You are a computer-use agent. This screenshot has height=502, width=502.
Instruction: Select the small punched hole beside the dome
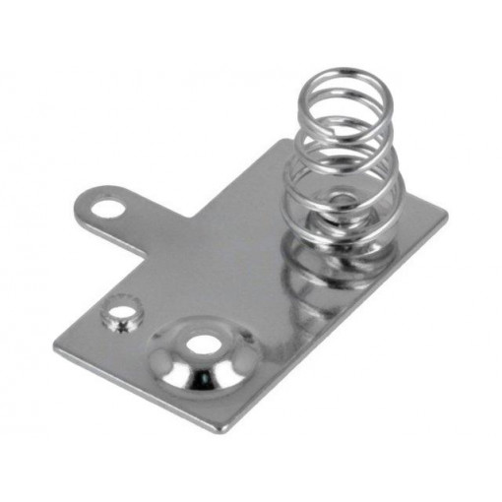(x=122, y=317)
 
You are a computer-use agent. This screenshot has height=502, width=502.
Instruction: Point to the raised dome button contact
(x=201, y=356)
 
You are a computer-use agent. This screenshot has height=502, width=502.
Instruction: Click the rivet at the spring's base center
(x=339, y=201)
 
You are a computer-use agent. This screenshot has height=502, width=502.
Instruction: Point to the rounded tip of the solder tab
(x=88, y=203)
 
